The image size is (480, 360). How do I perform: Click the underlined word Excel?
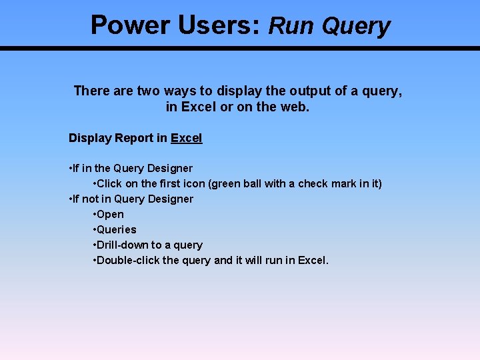[187, 138]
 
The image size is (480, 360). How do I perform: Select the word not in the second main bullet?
[91, 199]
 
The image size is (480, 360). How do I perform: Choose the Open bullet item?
[110, 215]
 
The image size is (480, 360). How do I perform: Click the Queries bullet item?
[116, 230]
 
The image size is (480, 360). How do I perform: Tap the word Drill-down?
[123, 245]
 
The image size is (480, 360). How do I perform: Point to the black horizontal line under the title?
[240, 49]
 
